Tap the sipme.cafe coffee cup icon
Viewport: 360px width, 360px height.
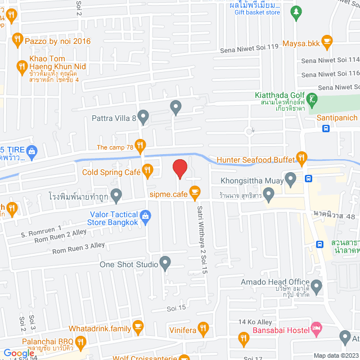point(195,192)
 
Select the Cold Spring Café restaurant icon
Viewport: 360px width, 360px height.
point(147,169)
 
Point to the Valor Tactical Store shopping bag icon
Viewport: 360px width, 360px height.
point(146,215)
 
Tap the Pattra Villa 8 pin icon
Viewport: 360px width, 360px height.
point(143,118)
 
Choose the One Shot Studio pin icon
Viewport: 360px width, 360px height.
point(165,262)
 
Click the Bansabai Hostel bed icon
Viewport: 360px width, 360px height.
point(316,327)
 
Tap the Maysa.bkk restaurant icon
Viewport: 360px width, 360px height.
point(327,40)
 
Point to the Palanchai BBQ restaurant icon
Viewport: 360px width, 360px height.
point(80,341)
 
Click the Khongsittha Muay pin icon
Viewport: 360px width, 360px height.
point(291,180)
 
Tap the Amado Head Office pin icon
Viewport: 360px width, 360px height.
point(317,287)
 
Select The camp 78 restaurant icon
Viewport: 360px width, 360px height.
point(140,145)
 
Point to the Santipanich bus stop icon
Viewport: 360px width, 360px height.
point(326,128)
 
